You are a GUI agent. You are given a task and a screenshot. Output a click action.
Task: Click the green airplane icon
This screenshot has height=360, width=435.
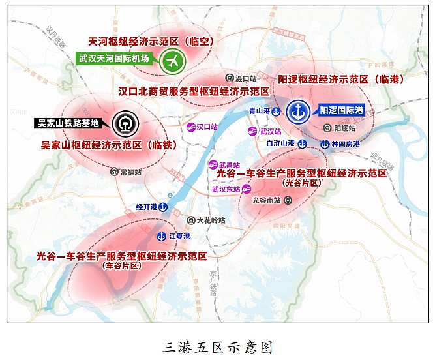click(173, 61)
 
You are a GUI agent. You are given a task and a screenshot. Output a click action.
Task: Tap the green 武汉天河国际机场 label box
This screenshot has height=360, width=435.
click(114, 59)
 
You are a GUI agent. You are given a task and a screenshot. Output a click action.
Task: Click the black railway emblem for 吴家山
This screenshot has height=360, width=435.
click(123, 123)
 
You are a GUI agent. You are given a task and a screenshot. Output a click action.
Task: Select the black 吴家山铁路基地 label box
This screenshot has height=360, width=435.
click(68, 123)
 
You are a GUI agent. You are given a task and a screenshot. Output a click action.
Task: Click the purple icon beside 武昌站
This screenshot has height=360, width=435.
click(213, 165)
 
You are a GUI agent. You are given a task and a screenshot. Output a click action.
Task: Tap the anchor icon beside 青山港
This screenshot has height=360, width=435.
click(277, 112)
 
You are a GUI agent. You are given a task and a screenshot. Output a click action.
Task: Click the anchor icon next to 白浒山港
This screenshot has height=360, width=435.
click(302, 143)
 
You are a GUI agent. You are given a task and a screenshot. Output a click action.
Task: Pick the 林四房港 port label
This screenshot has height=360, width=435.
click(346, 143)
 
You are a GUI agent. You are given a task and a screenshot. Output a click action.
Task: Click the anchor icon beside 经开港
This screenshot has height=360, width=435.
click(164, 207)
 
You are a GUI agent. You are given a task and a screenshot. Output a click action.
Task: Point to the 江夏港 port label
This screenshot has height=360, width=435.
click(179, 235)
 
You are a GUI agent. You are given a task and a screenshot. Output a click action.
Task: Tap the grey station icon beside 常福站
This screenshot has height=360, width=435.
click(115, 173)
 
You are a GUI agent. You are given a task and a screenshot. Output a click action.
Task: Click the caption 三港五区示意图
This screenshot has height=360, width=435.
click(217, 346)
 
